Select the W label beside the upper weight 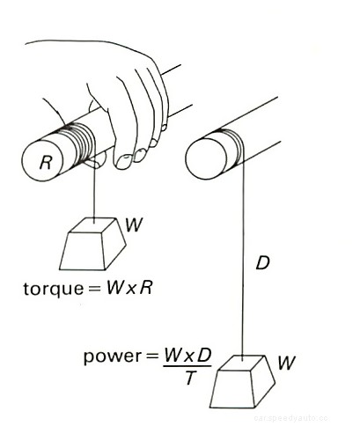[134, 225]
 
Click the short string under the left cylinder [91, 194]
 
